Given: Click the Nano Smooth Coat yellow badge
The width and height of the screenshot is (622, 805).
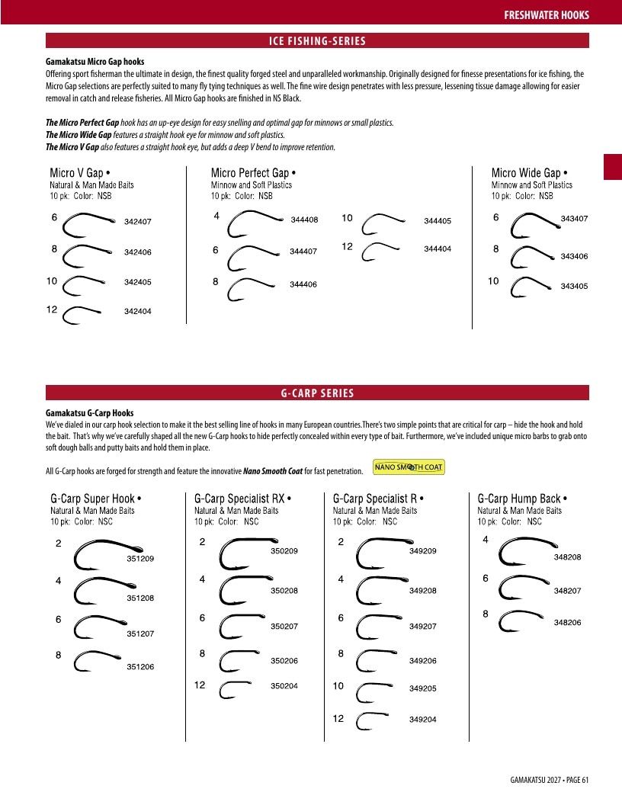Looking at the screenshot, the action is [409, 467].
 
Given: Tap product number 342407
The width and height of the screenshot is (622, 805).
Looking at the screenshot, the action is [137, 222].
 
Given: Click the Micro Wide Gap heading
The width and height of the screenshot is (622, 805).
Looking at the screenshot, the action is [529, 172].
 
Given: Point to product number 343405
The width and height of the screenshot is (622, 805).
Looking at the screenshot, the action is [574, 286].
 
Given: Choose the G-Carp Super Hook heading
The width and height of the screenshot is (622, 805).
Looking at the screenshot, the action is [95, 499].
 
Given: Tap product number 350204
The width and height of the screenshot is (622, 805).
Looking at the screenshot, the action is [284, 686].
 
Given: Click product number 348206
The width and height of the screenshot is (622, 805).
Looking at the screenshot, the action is [567, 623].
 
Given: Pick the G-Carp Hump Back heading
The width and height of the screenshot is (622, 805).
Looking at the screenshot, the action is [522, 499].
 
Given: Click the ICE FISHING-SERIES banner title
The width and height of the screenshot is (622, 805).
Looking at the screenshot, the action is [317, 41].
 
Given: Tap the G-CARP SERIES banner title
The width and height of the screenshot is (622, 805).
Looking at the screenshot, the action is [317, 393].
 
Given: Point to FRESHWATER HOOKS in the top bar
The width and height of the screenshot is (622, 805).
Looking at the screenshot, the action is [546, 15].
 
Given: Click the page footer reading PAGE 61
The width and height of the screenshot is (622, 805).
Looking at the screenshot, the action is [577, 780].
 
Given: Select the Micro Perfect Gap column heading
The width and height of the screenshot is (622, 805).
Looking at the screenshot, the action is [253, 172].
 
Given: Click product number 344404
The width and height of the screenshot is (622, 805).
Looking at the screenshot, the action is [438, 249].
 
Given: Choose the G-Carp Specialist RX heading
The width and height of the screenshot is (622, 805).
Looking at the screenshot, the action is [242, 499].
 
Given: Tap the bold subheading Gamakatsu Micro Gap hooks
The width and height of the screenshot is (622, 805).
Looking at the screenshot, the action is [95, 62].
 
